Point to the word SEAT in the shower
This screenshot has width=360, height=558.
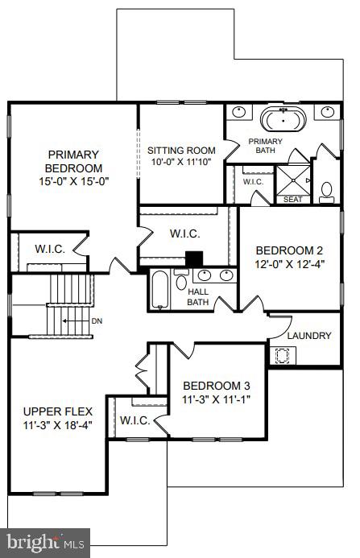point(292,199)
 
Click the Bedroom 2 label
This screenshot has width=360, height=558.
point(288,250)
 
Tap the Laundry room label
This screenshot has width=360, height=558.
point(309,335)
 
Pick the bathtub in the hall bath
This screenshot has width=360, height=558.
point(159,290)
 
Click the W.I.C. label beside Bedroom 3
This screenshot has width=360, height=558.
point(134,420)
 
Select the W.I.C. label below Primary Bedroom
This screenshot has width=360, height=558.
point(50,248)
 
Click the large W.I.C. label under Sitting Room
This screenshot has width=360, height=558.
point(184,234)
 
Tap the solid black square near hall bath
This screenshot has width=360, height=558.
point(194,259)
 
